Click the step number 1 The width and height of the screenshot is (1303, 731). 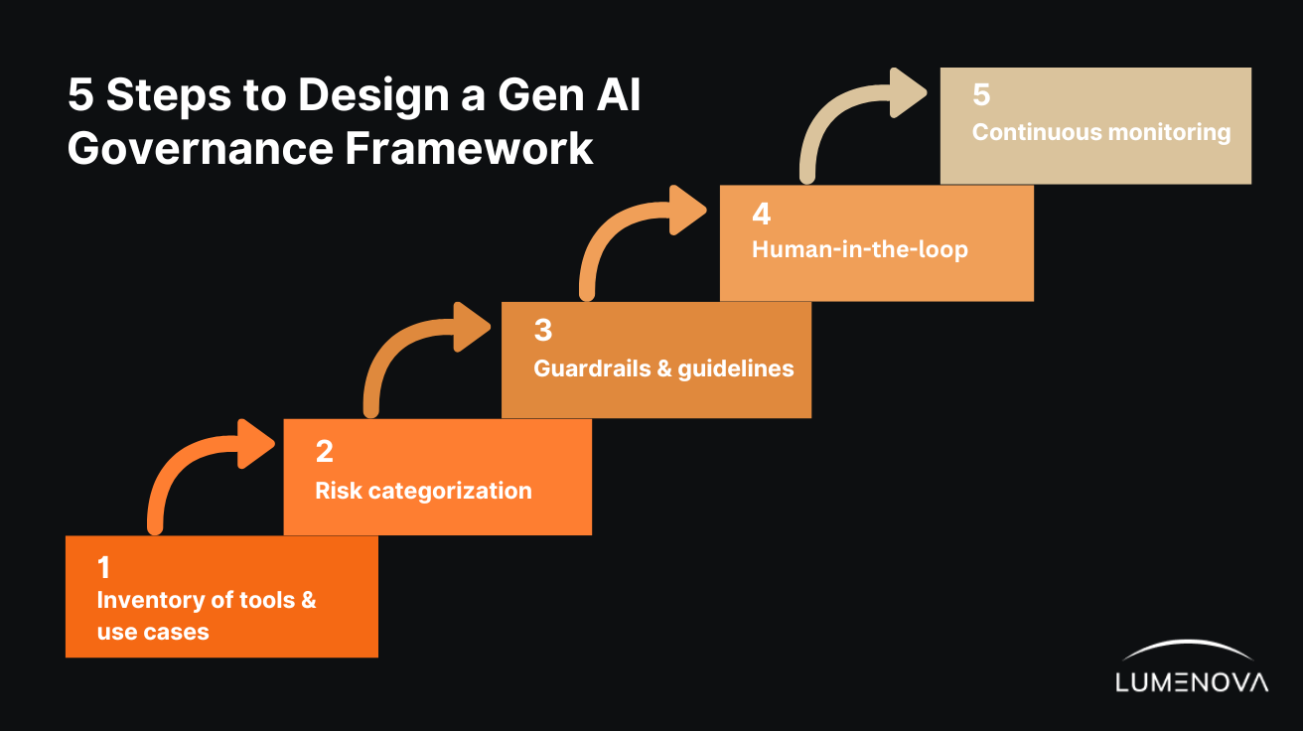[103, 568]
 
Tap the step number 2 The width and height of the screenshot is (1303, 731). [324, 452]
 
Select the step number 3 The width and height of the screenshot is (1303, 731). [542, 331]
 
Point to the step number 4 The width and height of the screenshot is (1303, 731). [761, 215]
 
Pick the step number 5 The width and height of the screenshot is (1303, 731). [981, 95]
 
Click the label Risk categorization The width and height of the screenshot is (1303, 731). [423, 491]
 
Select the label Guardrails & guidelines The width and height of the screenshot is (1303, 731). [663, 368]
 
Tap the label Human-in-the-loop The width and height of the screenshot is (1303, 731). [859, 249]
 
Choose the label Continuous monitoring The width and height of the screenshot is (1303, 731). [1100, 132]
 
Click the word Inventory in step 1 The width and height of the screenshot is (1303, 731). [146, 600]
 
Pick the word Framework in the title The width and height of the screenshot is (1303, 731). [468, 148]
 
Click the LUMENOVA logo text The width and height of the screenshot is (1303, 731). [1192, 682]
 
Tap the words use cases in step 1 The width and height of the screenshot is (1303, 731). [153, 633]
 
